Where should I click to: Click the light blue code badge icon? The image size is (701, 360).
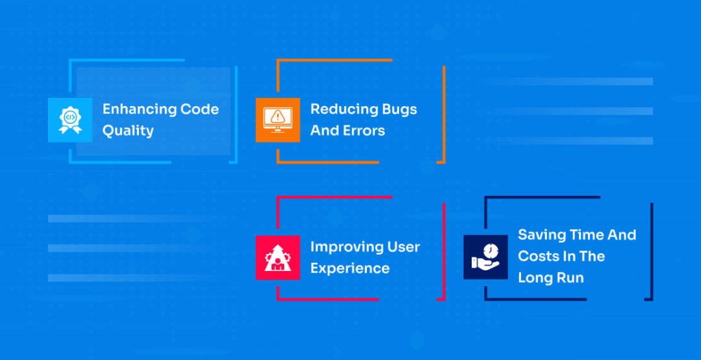pyautogui.click(x=70, y=120)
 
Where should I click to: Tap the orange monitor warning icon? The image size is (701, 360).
pyautogui.click(x=278, y=120)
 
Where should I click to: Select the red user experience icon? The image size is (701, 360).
pyautogui.click(x=278, y=257)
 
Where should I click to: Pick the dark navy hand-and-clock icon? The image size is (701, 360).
pyautogui.click(x=485, y=257)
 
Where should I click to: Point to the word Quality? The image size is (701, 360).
pyautogui.click(x=128, y=131)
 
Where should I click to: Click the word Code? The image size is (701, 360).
pyautogui.click(x=200, y=109)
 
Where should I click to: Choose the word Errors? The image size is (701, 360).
pyautogui.click(x=366, y=130)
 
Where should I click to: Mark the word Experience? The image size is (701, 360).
pyautogui.click(x=350, y=268)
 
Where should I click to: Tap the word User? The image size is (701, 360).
pyautogui.click(x=404, y=246)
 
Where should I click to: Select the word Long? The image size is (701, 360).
pyautogui.click(x=535, y=278)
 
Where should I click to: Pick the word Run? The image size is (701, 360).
pyautogui.click(x=571, y=278)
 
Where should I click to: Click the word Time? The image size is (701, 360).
pyautogui.click(x=587, y=235)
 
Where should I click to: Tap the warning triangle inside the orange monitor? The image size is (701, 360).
pyautogui.click(x=277, y=116)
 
